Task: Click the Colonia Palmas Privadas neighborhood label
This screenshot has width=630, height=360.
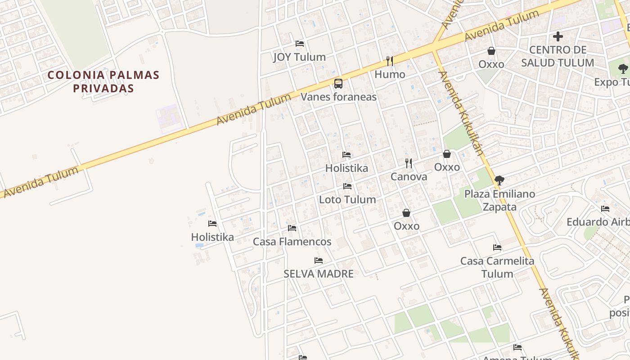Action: tap(103, 81)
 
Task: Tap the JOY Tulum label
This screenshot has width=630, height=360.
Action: tap(299, 57)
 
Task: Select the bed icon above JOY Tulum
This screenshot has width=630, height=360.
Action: tap(300, 44)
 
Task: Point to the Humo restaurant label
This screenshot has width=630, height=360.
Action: tap(390, 74)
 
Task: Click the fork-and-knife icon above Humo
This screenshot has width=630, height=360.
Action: tap(390, 61)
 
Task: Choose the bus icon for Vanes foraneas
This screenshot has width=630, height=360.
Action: tap(338, 83)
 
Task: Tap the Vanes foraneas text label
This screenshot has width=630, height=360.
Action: tap(338, 97)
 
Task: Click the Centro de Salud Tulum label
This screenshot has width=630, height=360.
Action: tap(558, 56)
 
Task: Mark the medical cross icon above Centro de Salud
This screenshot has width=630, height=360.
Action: tap(558, 36)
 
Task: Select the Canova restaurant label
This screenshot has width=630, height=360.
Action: tap(409, 176)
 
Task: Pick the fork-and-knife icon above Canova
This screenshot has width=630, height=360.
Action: tap(409, 163)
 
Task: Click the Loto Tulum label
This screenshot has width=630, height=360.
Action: tap(347, 199)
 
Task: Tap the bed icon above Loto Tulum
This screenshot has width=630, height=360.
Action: tap(347, 186)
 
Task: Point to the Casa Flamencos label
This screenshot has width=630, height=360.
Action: tap(292, 242)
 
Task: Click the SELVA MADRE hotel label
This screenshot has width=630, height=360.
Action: tap(319, 274)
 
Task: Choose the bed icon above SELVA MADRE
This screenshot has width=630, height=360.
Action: tap(319, 261)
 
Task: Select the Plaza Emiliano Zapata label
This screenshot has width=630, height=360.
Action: tap(499, 200)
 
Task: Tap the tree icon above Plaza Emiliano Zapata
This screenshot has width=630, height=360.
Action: tap(499, 180)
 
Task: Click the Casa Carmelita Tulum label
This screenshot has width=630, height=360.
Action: tap(497, 267)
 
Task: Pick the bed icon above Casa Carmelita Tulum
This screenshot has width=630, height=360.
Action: tap(497, 247)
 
